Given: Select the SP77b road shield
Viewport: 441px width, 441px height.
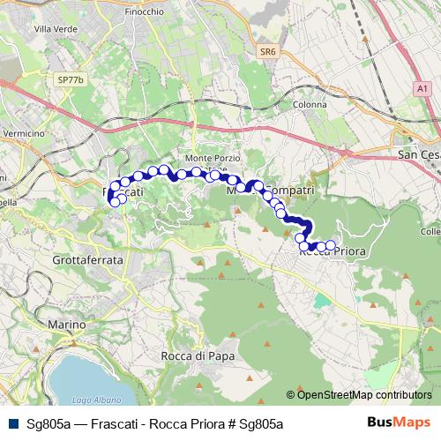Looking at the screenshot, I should coord(69,79).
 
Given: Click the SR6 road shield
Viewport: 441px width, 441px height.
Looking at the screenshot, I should coord(267,53).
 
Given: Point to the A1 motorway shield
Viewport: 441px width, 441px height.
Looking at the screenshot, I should coord(421,89).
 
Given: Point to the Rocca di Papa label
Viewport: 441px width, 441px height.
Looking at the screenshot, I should coord(196,355).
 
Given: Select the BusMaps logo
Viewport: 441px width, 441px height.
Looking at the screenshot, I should coord(407,422).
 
